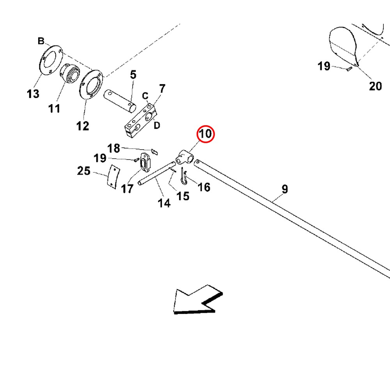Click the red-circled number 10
point(206,134)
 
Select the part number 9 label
point(285,189)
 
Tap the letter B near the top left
point(41,41)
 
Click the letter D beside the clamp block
point(156,126)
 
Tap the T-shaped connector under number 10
point(184,157)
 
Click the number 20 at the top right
point(375,86)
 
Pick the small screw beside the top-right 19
point(349,69)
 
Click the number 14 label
point(164,203)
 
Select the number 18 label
point(114,148)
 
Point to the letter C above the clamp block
point(145,96)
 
